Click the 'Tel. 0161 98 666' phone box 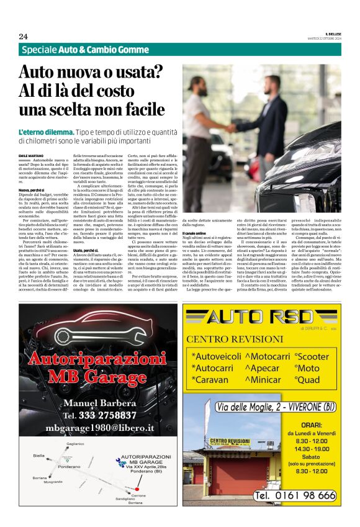tap(295, 496)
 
